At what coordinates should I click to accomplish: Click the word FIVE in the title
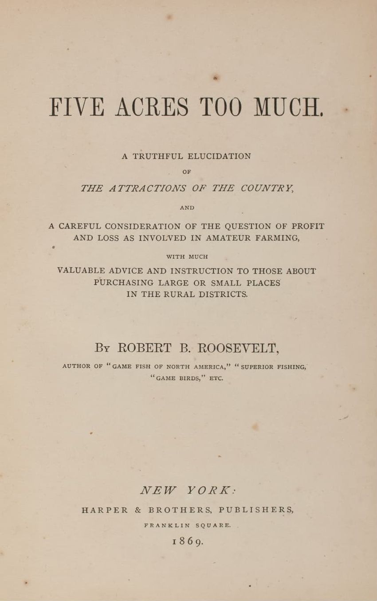[76, 107]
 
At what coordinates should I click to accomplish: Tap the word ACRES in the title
[151, 107]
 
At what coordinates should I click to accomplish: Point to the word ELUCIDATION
[219, 156]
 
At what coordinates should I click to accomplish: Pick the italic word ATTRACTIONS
[147, 188]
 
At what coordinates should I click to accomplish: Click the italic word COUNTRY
[267, 188]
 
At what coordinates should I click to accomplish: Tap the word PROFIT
[308, 226]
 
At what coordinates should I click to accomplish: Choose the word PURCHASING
[124, 283]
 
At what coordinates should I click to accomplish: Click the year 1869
[188, 541]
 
